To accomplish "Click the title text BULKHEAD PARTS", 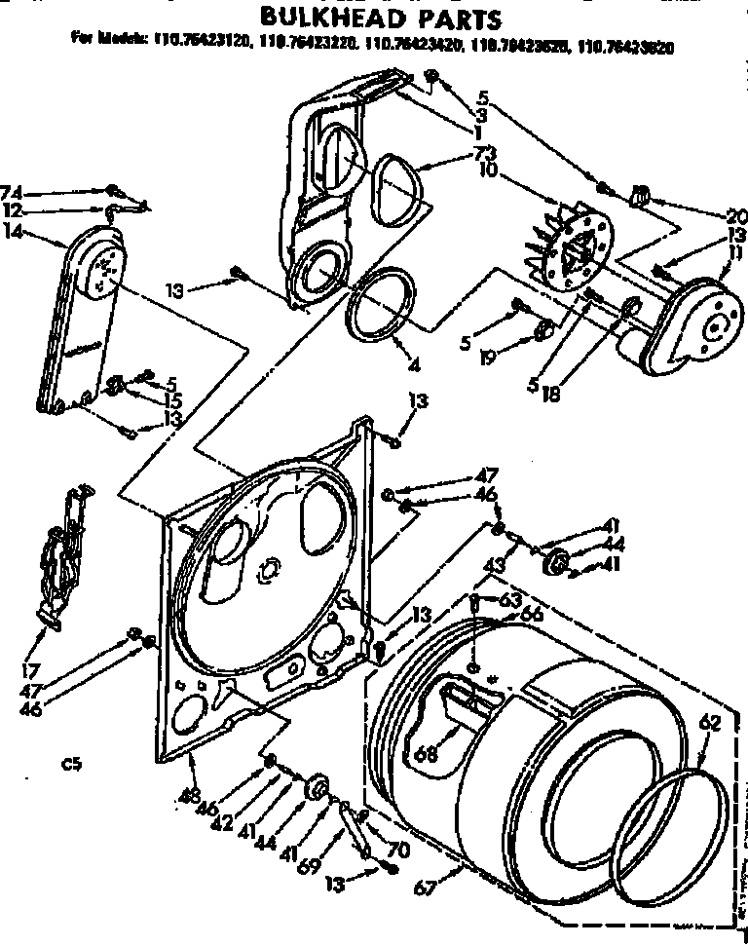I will (379, 18).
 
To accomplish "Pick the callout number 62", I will (710, 722).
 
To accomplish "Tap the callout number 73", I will (484, 152).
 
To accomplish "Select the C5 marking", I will (70, 765).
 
